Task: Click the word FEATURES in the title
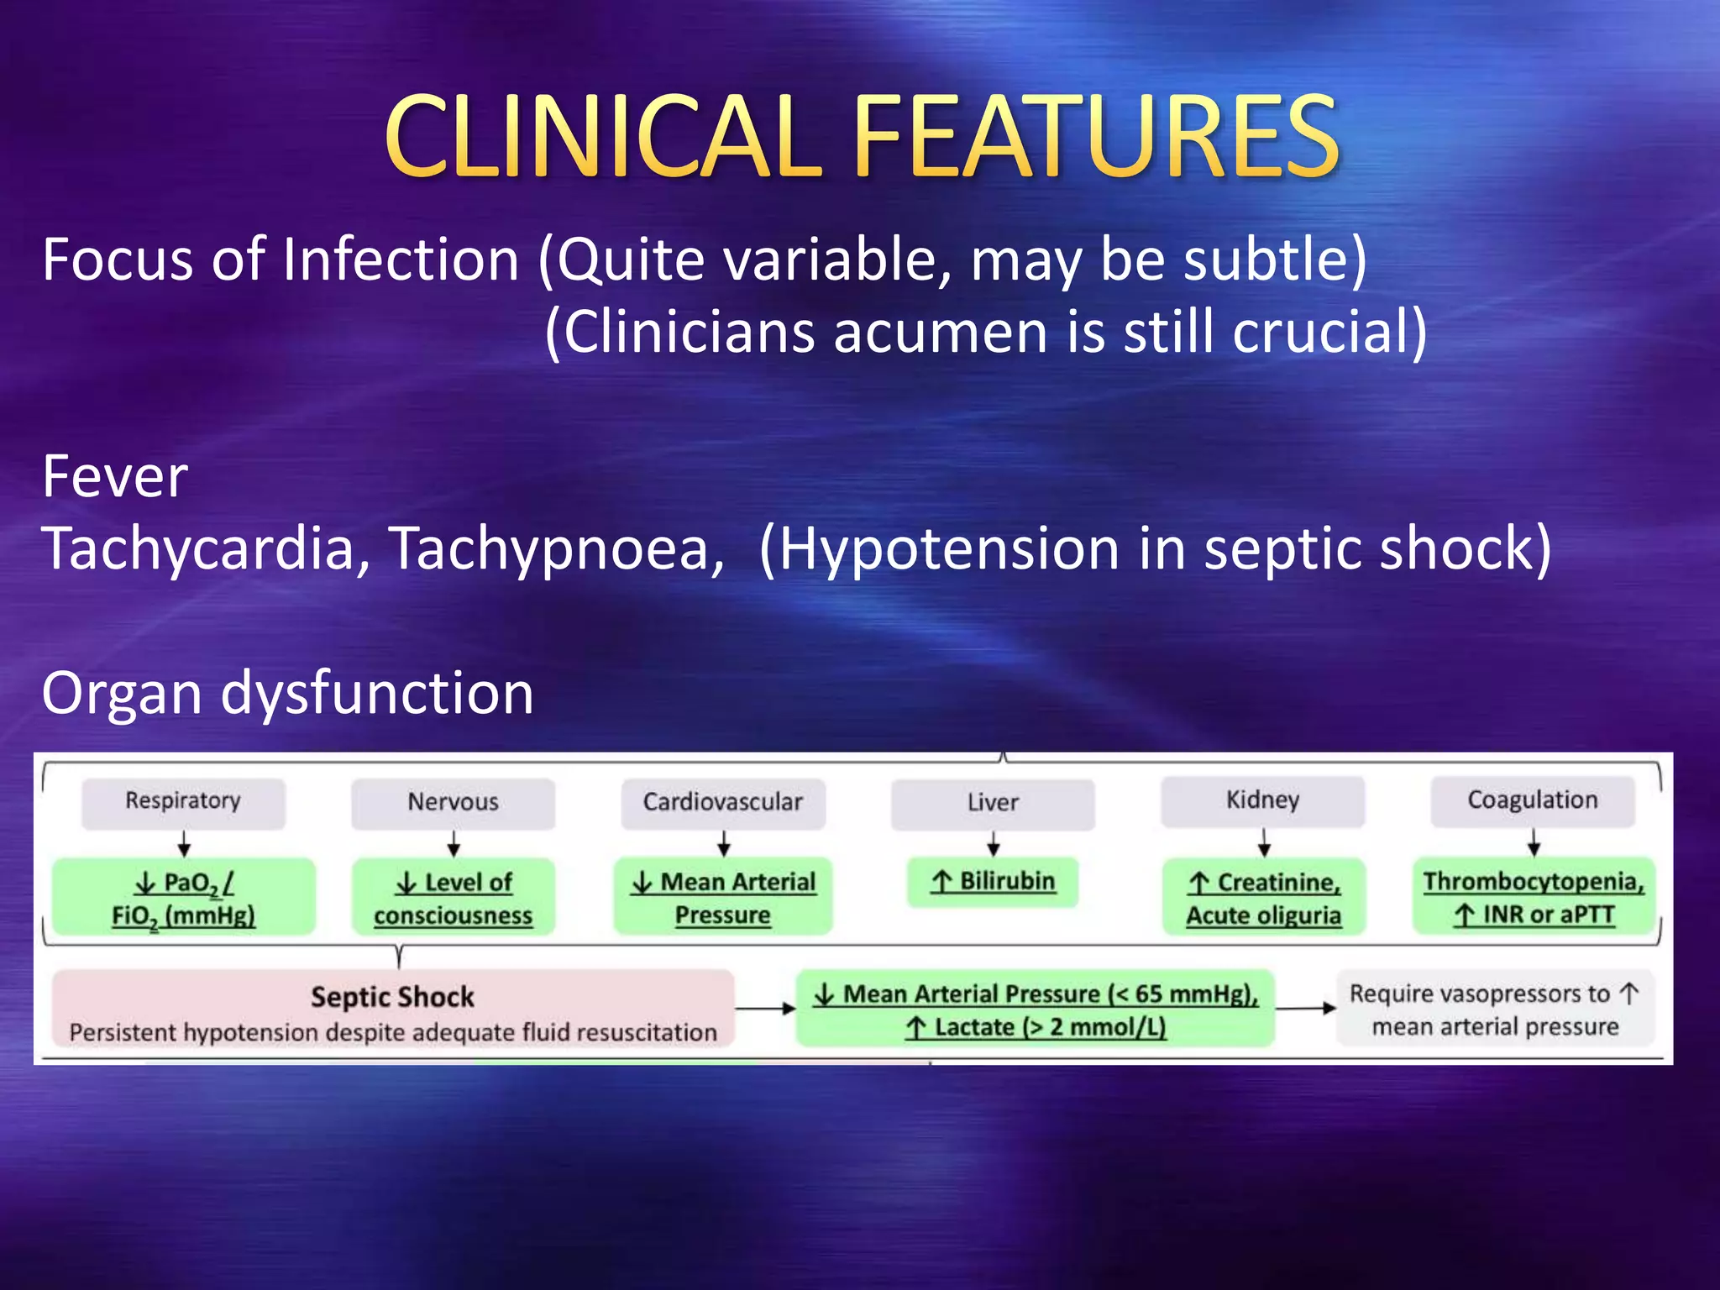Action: click(1096, 136)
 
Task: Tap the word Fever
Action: click(115, 477)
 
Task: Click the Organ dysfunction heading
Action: click(287, 694)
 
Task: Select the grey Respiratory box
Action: click(183, 801)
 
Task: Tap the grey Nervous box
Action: click(453, 802)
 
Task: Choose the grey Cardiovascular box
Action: click(722, 802)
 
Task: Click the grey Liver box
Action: click(993, 803)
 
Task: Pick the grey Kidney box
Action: click(1262, 800)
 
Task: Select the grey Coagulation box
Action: click(1533, 800)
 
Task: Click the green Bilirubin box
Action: click(993, 882)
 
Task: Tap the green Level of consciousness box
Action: click(453, 898)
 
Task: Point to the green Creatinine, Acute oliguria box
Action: click(1263, 898)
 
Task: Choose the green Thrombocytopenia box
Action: click(1534, 897)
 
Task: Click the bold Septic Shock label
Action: click(392, 997)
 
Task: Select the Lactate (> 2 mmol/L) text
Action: click(1036, 1028)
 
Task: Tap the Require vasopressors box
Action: click(1495, 1009)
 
